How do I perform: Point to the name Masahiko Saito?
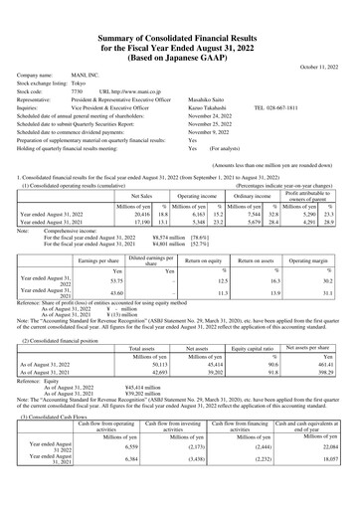pyautogui.click(x=209, y=101)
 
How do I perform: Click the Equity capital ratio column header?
pyautogui.click(x=253, y=350)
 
